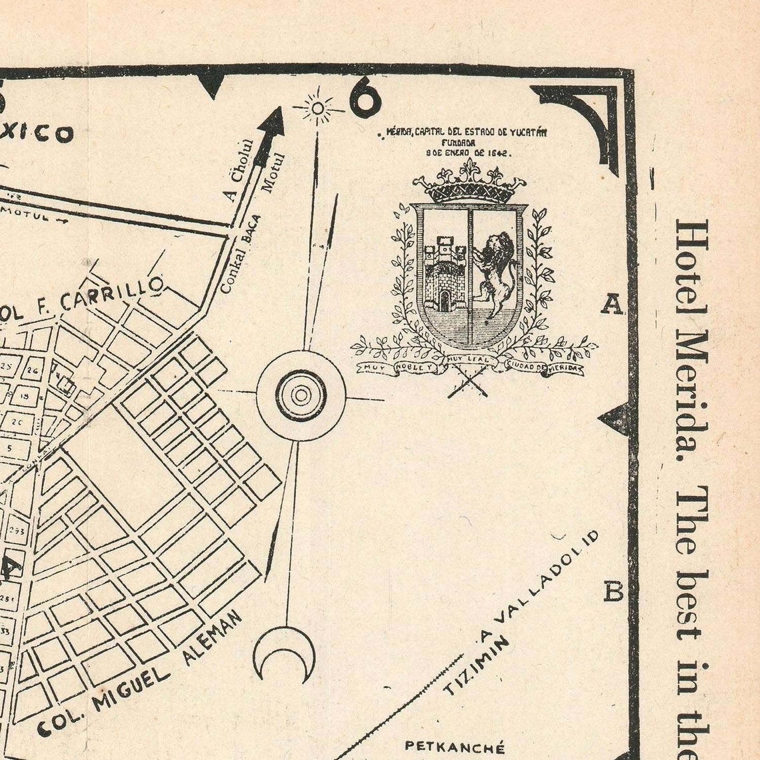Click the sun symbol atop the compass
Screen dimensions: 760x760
coord(318,108)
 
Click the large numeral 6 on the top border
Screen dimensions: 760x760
coord(365,98)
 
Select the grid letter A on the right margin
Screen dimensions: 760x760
coord(612,305)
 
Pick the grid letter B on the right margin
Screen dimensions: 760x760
coord(613,591)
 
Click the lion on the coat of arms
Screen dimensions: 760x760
coord(495,273)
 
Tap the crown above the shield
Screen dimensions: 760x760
coord(469,182)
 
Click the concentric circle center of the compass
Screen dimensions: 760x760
coord(301,395)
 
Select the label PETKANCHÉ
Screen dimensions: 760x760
coord(455,748)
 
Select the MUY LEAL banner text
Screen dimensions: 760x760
coord(469,360)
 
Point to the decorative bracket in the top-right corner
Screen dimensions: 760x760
coord(587,117)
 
